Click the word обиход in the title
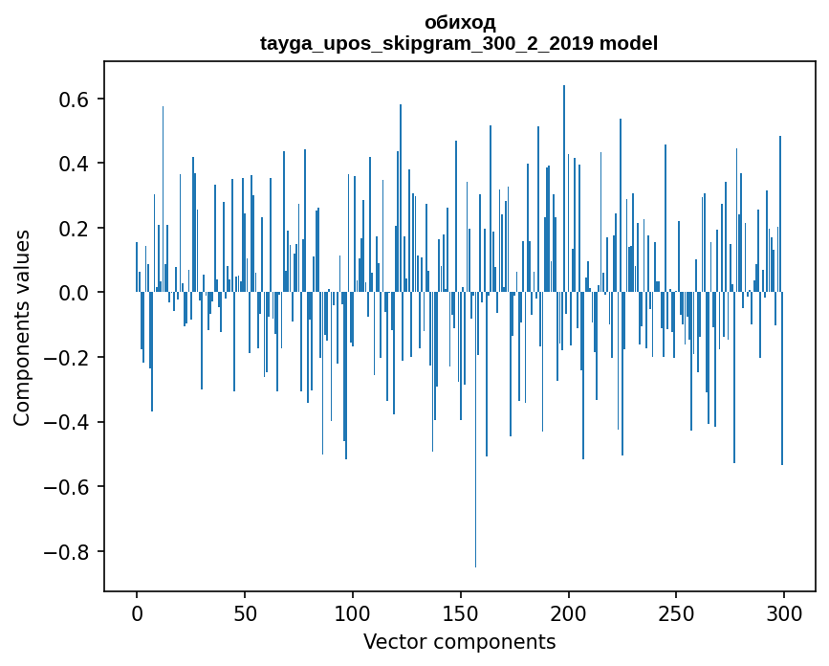click(459, 22)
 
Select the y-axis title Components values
click(22, 327)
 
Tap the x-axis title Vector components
click(459, 641)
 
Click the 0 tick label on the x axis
click(137, 611)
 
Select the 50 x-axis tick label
click(245, 611)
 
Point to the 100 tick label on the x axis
click(353, 611)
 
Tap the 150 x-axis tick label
click(461, 611)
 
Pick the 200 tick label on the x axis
click(569, 611)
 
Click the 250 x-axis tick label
click(677, 611)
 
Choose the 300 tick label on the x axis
click(784, 611)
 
